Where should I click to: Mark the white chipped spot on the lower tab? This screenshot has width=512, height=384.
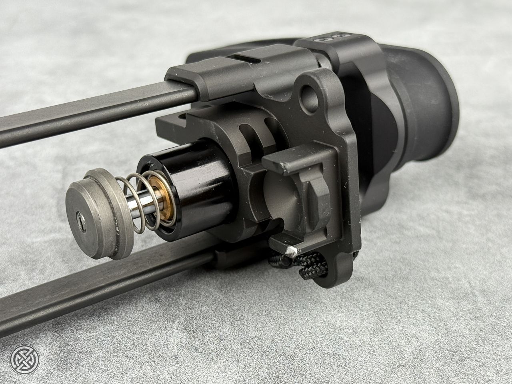click(x=291, y=251)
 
